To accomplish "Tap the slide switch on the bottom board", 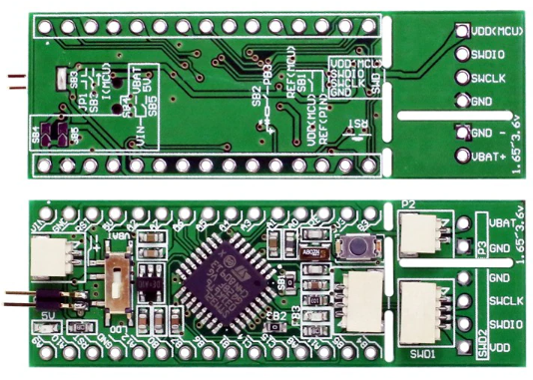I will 117,281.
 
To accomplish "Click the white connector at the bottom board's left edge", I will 46,262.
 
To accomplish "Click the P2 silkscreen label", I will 407,203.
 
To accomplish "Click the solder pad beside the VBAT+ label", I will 463,155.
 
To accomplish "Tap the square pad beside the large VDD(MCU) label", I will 463,32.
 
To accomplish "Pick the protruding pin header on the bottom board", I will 20,296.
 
